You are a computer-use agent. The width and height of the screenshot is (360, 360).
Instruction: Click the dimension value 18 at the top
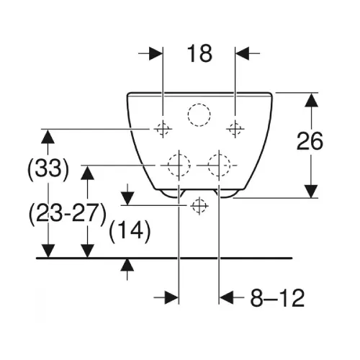pos(199,53)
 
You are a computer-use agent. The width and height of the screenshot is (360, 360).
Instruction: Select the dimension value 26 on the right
pos(310,141)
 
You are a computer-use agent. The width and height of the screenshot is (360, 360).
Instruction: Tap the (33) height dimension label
pos(48,168)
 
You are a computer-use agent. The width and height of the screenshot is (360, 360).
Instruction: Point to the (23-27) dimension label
pos(68,213)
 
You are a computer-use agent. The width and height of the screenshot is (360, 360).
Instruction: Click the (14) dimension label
pos(130,230)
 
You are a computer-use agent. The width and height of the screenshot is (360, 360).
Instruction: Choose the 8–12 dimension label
pos(277,298)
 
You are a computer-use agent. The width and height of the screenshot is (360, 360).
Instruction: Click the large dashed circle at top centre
pos(199,115)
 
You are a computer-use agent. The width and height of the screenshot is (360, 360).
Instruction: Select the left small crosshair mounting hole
pos(163,129)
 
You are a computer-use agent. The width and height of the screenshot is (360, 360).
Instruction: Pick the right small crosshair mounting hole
pos(235,129)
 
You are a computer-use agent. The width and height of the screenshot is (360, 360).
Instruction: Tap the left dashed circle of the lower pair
pos(179,165)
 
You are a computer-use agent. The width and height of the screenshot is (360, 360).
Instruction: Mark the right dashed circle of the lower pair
pos(219,165)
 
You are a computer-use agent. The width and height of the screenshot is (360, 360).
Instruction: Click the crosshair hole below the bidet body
pos(199,206)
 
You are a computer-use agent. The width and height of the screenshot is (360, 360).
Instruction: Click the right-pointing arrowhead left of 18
pos(156,53)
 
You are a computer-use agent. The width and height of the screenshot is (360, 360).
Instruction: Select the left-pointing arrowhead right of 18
pos(243,53)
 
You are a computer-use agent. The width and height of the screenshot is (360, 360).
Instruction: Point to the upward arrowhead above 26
pos(311,100)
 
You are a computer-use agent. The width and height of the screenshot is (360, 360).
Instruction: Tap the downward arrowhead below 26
pos(311,192)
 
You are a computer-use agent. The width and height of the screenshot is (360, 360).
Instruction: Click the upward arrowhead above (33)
pos(48,137)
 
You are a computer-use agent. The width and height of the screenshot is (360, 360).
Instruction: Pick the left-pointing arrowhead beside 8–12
pos(226,297)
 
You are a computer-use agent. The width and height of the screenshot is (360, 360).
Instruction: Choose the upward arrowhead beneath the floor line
pos(127,265)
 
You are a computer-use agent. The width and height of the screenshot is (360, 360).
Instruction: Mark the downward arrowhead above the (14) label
pos(127,198)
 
